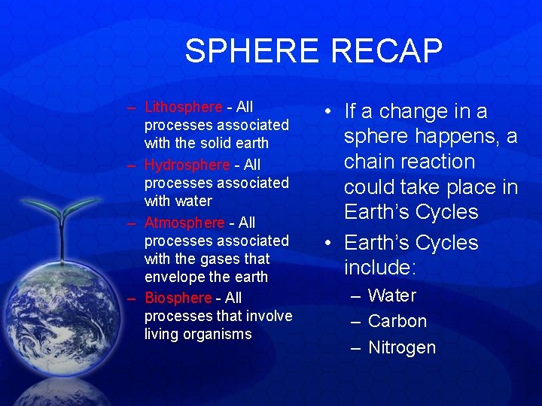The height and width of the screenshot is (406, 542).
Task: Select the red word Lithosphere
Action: pyautogui.click(x=183, y=108)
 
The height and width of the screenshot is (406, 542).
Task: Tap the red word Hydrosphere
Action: pyautogui.click(x=187, y=165)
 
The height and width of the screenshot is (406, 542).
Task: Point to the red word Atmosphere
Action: pyautogui.click(x=184, y=223)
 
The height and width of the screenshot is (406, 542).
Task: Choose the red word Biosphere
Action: pyautogui.click(x=178, y=298)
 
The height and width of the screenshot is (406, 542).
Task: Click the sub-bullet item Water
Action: pyautogui.click(x=392, y=295)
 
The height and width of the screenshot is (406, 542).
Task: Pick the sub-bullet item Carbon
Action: pyautogui.click(x=397, y=321)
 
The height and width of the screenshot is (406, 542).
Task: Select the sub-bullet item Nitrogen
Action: pyautogui.click(x=402, y=347)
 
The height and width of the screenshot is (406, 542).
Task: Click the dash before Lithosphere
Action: pyautogui.click(x=132, y=108)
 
